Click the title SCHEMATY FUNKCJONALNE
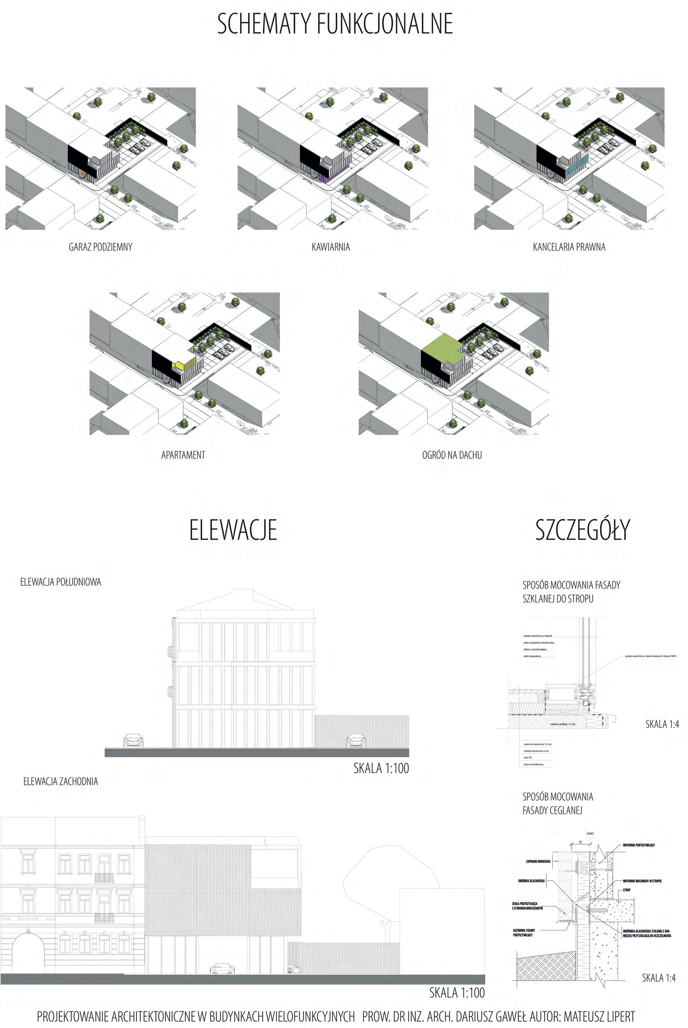[x=335, y=24]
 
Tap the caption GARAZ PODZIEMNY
[x=101, y=247]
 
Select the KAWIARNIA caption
[x=331, y=247]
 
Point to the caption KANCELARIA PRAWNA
[x=569, y=247]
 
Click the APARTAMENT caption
[x=183, y=455]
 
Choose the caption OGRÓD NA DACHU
[x=452, y=455]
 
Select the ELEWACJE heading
[x=233, y=530]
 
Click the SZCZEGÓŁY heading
[x=582, y=530]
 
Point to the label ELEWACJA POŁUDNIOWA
[x=60, y=582]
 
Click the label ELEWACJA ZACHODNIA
[x=60, y=781]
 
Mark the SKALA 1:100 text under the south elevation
[x=381, y=768]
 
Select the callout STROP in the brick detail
[x=627, y=890]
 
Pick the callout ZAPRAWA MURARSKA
[x=538, y=861]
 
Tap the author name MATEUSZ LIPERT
[x=599, y=1016]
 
